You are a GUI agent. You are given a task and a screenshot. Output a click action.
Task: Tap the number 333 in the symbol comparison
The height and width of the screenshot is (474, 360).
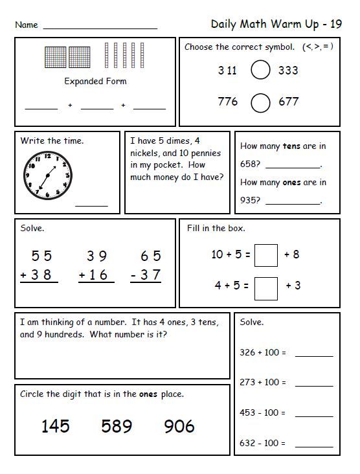coord(288,71)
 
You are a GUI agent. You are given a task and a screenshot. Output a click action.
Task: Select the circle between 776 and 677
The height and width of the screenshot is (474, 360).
coord(260,102)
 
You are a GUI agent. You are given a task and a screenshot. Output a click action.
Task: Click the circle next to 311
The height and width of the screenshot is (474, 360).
coord(260,71)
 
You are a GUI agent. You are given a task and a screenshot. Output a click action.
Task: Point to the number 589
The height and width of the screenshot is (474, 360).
coord(117,425)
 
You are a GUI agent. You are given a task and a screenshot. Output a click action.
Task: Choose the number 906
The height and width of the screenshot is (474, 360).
coord(179,425)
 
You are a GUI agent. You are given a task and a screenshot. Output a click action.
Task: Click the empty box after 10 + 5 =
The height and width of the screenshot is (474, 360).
coord(266,255)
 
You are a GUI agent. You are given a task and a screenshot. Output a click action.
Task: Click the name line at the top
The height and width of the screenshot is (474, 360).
coord(100,28)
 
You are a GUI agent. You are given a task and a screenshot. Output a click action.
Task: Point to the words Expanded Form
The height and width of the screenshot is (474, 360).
coord(95,82)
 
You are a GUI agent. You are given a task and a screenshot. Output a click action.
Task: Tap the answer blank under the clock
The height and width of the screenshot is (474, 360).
coord(92,205)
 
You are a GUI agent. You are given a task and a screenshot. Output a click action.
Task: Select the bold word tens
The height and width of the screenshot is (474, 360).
coord(291,146)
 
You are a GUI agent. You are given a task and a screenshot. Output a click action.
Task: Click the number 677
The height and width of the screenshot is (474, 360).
coord(288,102)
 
